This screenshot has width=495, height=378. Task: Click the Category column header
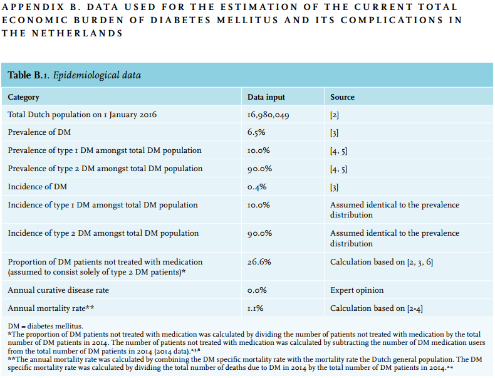point(23,97)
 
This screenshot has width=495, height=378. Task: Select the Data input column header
point(266,97)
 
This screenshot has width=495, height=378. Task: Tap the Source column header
point(342,97)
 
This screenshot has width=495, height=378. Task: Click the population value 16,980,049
point(268,115)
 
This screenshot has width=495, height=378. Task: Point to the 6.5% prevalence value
point(256,132)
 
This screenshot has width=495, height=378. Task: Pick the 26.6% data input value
point(259,262)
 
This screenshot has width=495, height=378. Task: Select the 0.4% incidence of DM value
point(257,187)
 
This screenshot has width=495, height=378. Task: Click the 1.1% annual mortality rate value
point(256,308)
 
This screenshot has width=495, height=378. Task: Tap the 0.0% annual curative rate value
point(257,290)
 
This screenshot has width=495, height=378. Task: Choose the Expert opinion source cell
point(357,290)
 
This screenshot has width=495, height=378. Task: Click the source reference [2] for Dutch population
point(335,115)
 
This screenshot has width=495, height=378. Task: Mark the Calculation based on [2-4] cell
point(377,308)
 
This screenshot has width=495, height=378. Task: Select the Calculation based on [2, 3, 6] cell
point(382,262)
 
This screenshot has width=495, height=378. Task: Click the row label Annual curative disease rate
point(58,290)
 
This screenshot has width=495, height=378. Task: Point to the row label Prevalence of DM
point(39,132)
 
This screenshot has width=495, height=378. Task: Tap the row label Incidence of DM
point(37,187)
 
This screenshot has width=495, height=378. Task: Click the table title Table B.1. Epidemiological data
point(74,75)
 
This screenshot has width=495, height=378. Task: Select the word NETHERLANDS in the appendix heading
point(77,33)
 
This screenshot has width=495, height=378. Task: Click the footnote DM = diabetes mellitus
point(46,326)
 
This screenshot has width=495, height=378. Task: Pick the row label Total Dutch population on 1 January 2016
point(82,115)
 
